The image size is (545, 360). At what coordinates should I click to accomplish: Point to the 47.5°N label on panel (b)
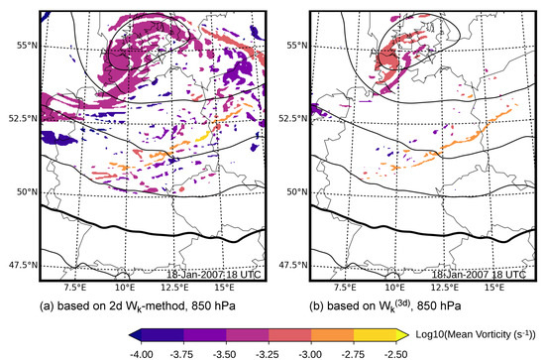(288, 265)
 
